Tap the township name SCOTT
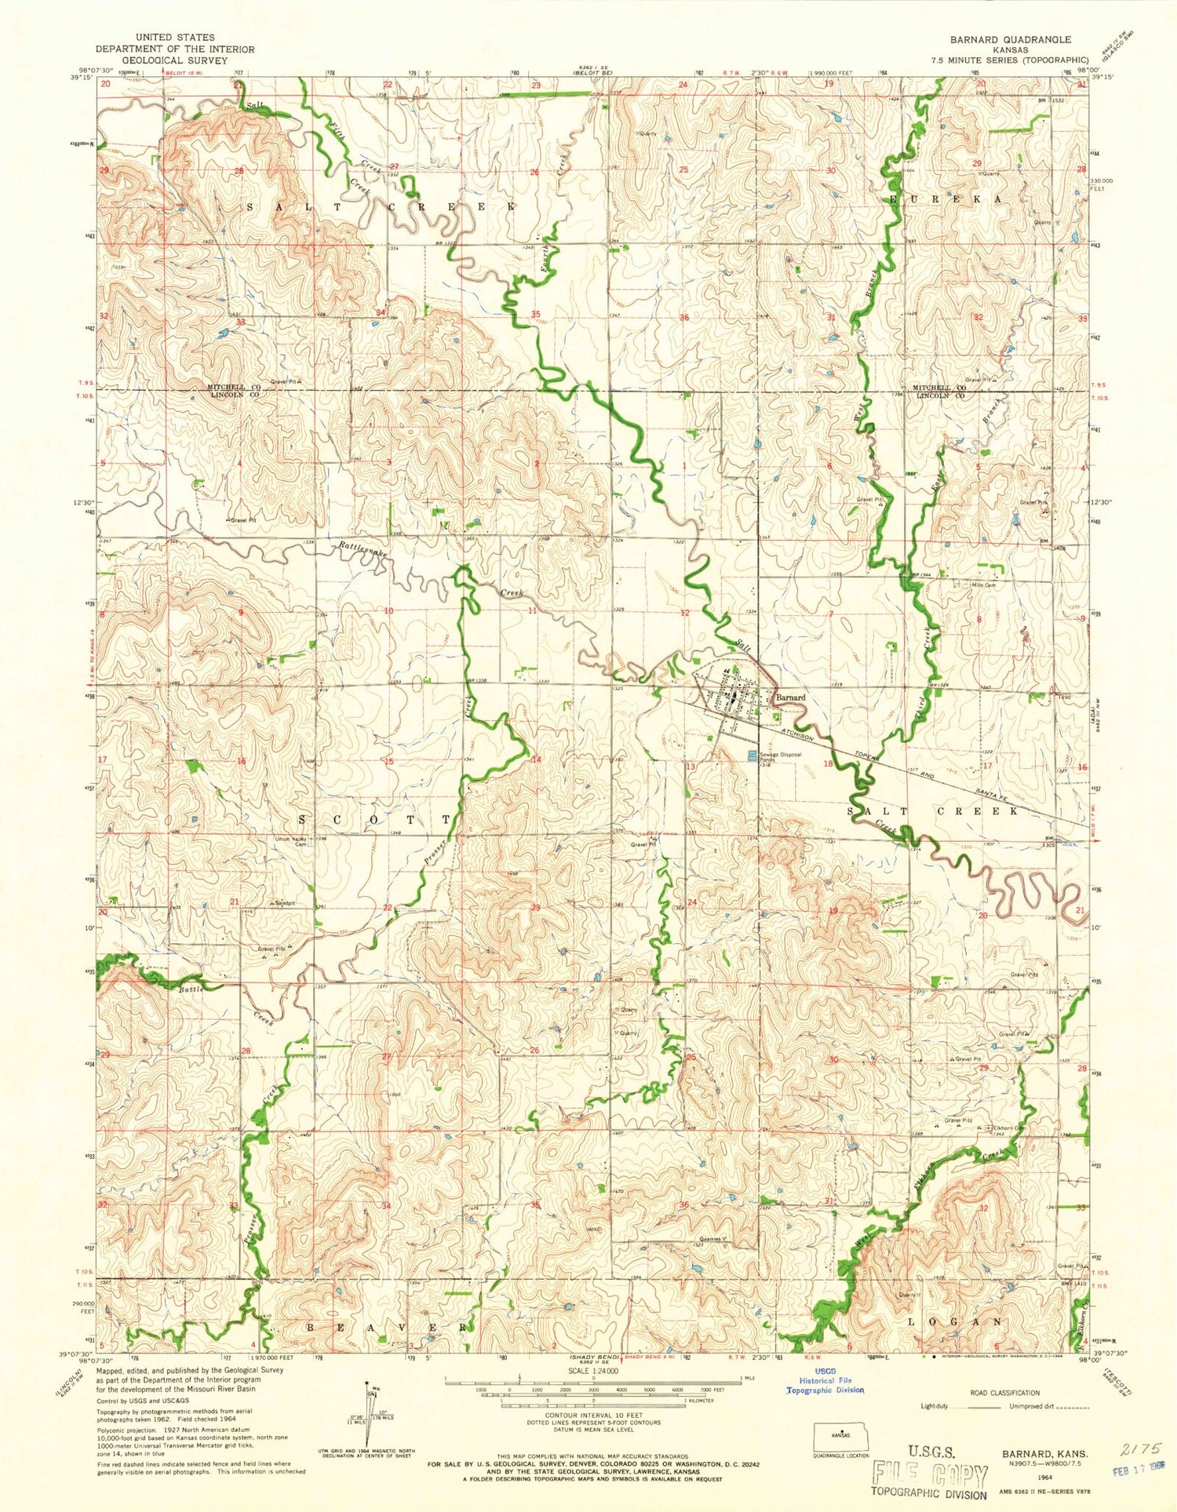(375, 818)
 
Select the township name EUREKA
(946, 200)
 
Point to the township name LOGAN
(954, 1321)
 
